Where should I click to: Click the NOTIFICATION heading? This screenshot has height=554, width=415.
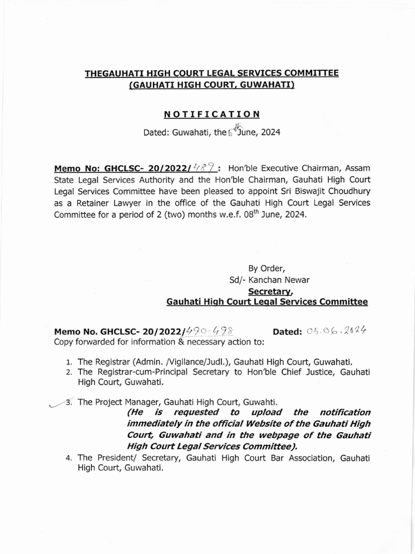pyautogui.click(x=212, y=114)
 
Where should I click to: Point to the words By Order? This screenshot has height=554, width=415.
pyautogui.click(x=266, y=268)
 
